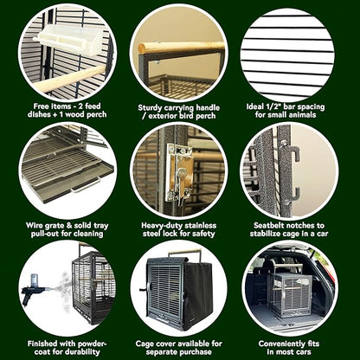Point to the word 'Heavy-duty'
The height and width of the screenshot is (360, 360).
(x=159, y=223)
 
